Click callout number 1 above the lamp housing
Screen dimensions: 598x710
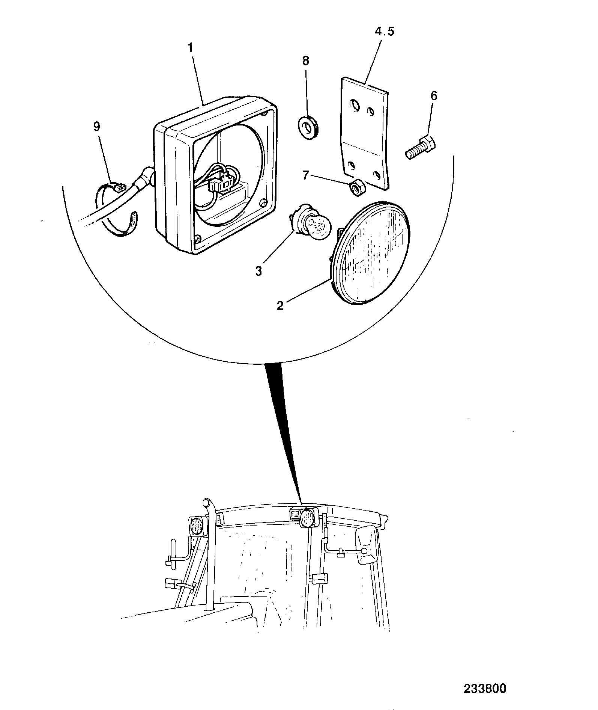coord(191,48)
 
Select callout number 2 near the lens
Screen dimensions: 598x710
coord(280,306)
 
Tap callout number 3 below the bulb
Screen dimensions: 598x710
coord(259,271)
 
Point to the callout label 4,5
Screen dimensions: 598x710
coord(385,32)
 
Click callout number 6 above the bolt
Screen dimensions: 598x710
coord(434,96)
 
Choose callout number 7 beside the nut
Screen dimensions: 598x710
coord(306,175)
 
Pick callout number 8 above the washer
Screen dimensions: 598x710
coord(306,61)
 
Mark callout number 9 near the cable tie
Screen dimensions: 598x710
coord(97,127)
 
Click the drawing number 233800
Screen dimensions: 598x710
coord(485,689)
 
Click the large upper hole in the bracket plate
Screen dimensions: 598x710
coord(353,105)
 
